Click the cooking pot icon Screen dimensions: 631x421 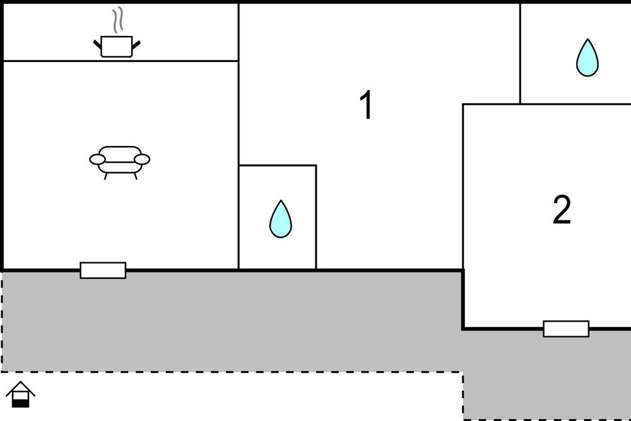tap(117, 46)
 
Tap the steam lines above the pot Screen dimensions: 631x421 tap(117, 20)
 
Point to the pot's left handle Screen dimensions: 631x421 tap(97, 44)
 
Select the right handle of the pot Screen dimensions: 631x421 tap(136, 44)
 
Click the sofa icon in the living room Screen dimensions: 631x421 tap(119, 162)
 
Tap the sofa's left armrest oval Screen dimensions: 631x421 tap(97, 160)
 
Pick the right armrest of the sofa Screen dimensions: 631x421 tap(142, 160)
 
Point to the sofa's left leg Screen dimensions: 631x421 tap(106, 176)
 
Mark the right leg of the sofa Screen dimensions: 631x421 tap(136, 176)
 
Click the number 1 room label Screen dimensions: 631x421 tap(366, 105)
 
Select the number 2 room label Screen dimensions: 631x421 tap(562, 209)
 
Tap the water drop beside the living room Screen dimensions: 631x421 tap(281, 219)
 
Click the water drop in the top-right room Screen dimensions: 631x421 tap(587, 58)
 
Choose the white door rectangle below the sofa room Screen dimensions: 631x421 tap(103, 270)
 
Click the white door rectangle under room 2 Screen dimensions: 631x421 tap(566, 329)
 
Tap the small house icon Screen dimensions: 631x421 tap(21, 394)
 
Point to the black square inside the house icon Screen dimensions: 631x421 tap(21, 403)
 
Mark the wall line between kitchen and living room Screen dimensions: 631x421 tap(121, 61)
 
